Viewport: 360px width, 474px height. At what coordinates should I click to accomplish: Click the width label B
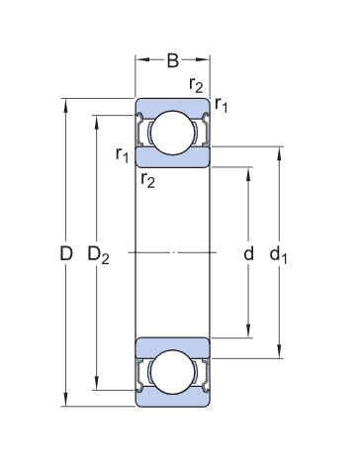tap(172, 61)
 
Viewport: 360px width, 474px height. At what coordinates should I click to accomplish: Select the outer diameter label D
tap(66, 254)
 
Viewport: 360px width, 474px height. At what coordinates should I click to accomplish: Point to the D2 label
tap(98, 255)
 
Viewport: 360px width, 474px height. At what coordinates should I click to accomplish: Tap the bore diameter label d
tap(249, 254)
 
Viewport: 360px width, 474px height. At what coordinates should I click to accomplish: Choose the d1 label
tap(279, 255)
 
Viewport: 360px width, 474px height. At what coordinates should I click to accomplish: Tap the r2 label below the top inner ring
tap(148, 178)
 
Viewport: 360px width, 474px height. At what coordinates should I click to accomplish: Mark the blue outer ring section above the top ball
tap(172, 105)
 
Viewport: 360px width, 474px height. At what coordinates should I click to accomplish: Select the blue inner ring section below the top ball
tap(172, 158)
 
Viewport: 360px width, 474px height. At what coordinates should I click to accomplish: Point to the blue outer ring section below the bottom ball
tap(172, 399)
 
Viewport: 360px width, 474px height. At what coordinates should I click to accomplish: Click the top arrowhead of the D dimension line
tap(66, 103)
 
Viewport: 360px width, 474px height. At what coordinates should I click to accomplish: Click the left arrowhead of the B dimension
tap(139, 61)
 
